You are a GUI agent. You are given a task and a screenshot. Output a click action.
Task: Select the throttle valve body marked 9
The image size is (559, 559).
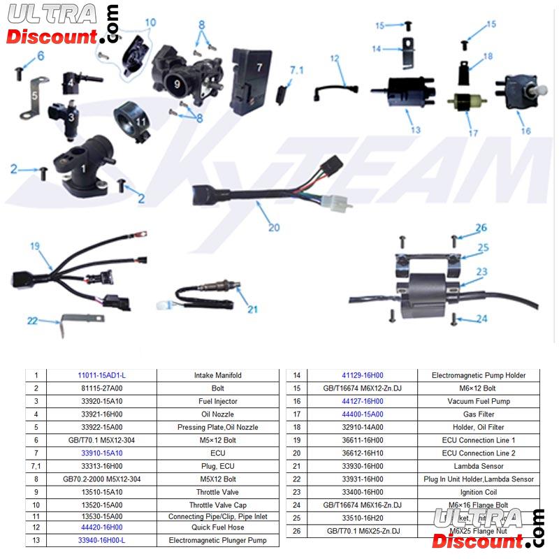[x=178, y=80]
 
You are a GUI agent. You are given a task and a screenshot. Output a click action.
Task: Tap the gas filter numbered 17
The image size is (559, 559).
[x=463, y=102]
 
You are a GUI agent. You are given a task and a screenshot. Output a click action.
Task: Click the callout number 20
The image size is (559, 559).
[x=273, y=226]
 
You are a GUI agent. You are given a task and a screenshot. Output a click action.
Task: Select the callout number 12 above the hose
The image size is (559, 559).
[x=335, y=59]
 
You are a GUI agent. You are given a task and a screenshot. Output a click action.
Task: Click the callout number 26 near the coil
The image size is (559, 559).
[x=481, y=228]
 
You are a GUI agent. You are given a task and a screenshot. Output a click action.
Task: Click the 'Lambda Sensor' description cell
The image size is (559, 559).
[x=479, y=466]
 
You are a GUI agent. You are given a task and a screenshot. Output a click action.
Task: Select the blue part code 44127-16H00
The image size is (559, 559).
[x=362, y=401]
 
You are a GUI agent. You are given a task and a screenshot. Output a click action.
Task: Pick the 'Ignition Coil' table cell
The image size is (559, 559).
[x=479, y=492]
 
